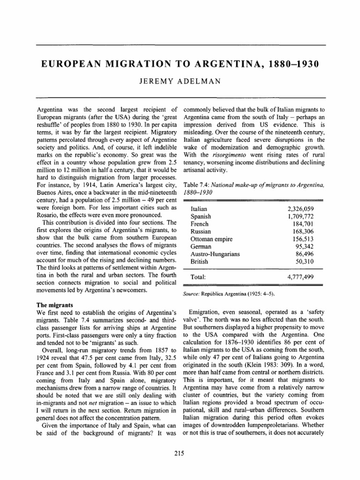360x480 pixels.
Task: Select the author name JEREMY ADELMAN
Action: coord(180,83)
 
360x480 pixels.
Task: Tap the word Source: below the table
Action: coord(189,294)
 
